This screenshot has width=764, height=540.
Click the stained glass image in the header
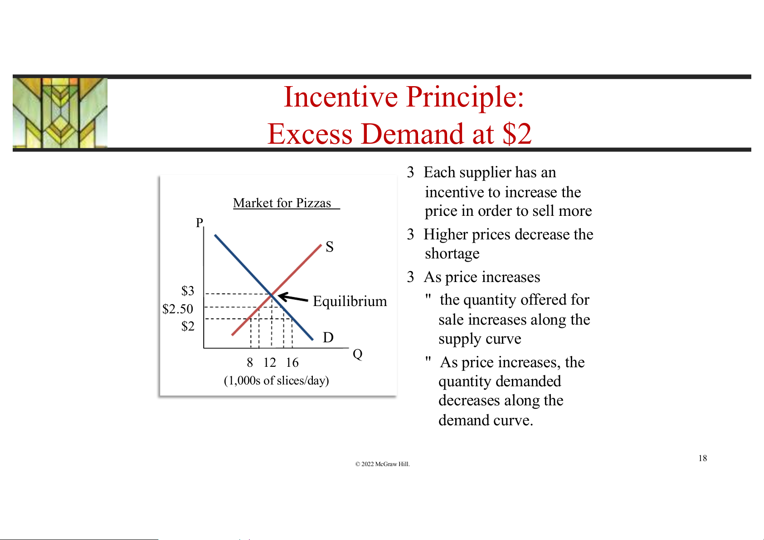[x=60, y=113]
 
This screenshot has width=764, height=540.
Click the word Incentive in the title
[x=341, y=97]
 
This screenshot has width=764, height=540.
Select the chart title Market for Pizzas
[x=282, y=203]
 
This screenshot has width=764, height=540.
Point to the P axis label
[x=199, y=223]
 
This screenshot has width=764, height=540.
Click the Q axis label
[x=357, y=354]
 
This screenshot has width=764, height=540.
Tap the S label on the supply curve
[x=330, y=247]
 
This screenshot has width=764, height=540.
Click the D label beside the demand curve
[x=328, y=337]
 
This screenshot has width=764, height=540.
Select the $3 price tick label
[x=188, y=291]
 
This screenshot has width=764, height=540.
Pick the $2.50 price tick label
[x=178, y=309]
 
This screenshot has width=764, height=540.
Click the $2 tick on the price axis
[x=188, y=326]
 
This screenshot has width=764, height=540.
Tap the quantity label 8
[x=250, y=363]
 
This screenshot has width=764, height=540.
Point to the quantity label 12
[x=269, y=363]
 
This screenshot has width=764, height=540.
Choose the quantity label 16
[x=292, y=363]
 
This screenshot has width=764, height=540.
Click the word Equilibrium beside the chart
[x=350, y=301]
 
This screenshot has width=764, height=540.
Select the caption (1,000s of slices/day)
[x=276, y=381]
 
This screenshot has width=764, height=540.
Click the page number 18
[x=703, y=458]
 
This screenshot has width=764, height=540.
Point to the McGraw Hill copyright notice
[x=382, y=464]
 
